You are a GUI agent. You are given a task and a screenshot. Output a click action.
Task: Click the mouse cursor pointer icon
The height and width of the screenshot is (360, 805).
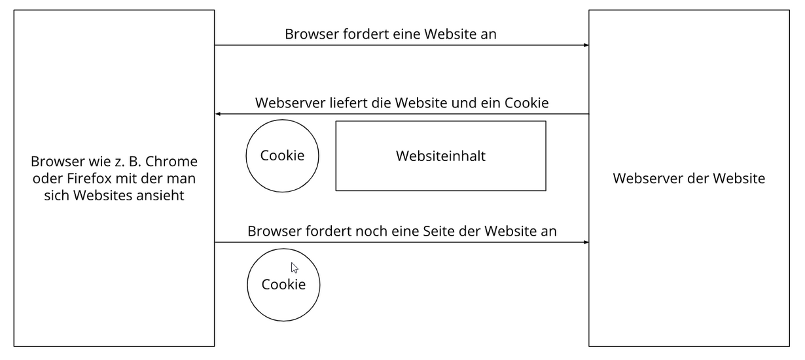pyautogui.click(x=295, y=268)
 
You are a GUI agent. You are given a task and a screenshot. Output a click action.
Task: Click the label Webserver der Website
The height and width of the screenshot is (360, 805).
pyautogui.click(x=689, y=179)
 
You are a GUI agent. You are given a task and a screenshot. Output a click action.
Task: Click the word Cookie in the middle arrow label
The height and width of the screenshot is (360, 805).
pyautogui.click(x=527, y=103)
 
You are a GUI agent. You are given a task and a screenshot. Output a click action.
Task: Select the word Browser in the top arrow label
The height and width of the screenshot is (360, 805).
pyautogui.click(x=312, y=34)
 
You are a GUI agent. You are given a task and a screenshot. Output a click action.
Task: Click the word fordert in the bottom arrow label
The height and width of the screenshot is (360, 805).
pyautogui.click(x=329, y=231)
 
